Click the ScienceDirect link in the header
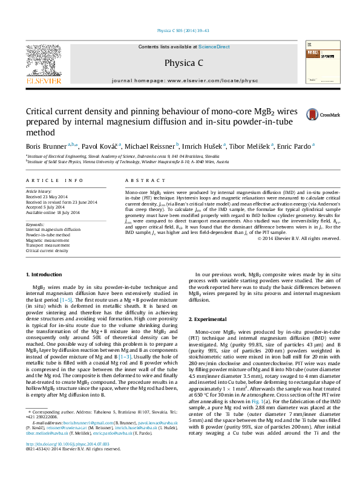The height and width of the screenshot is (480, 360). click(x=214, y=47)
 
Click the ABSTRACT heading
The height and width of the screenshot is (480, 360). click(x=141, y=181)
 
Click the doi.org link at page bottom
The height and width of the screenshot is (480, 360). click(x=63, y=461)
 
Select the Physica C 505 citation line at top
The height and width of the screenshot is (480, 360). click(x=184, y=30)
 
